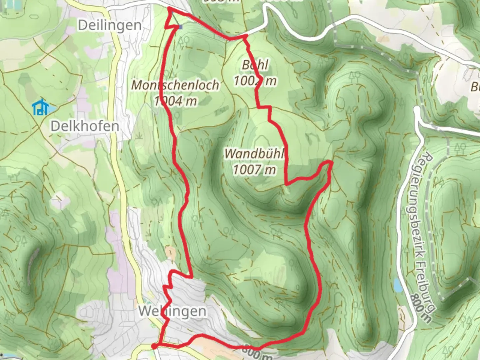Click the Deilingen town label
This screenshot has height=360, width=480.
110,25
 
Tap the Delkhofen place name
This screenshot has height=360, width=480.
85,126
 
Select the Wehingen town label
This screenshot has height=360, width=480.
172,311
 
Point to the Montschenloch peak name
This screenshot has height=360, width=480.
175,85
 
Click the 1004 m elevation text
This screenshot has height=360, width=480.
175,101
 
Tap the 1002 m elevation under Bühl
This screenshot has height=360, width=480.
255,81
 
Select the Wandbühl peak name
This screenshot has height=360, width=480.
254,154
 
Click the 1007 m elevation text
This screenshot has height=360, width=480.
254,170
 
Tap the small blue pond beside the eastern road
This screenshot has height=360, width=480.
397,285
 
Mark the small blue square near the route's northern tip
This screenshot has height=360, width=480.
180,27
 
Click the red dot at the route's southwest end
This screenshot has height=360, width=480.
154,347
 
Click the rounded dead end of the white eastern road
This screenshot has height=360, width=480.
417,110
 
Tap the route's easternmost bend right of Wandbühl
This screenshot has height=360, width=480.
330,162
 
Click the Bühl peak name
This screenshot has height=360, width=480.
255,65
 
